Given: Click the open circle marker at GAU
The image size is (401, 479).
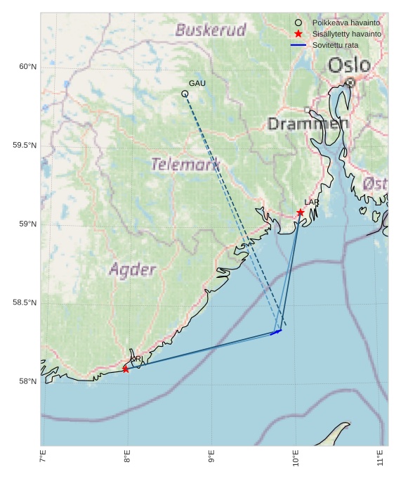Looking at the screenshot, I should click(x=185, y=94).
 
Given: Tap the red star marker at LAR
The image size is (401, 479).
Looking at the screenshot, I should click(x=301, y=212).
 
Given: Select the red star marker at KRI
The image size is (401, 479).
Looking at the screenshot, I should click(x=126, y=369).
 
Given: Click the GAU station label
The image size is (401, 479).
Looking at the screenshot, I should click(x=197, y=84).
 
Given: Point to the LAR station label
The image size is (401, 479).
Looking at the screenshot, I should click(x=312, y=203).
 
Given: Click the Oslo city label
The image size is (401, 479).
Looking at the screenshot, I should click(x=349, y=65).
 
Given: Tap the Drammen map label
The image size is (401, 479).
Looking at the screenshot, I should click(x=308, y=124).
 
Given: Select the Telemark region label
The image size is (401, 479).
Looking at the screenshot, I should click(x=185, y=165).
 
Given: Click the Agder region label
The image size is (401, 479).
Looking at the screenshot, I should click(x=132, y=269).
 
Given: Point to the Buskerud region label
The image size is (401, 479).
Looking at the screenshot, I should click(x=211, y=30).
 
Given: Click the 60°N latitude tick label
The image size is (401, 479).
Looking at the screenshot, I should click(x=27, y=67).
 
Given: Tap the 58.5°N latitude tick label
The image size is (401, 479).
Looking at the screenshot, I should click(x=25, y=303).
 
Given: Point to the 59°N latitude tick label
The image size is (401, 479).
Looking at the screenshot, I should click(x=27, y=224).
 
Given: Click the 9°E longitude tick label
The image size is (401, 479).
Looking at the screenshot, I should click(x=211, y=458).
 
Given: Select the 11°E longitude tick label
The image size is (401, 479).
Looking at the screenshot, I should click(x=380, y=458).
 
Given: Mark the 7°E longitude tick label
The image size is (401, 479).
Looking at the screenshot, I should click(x=43, y=458).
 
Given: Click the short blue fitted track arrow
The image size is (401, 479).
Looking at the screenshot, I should click(x=276, y=331).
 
